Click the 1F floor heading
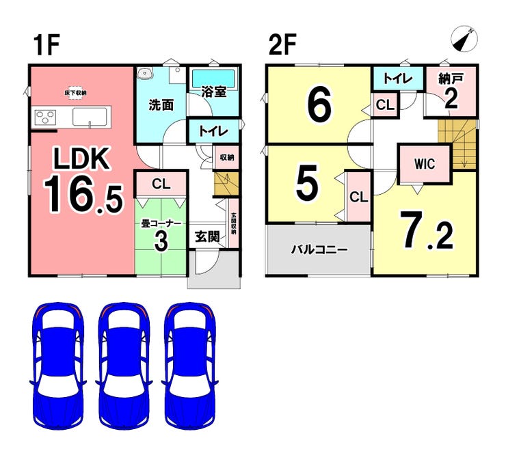click(x=46, y=46)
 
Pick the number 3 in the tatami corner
click(x=161, y=243)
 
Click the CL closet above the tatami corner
click(x=161, y=183)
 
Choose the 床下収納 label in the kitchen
click(x=75, y=92)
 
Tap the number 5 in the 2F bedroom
click(x=307, y=182)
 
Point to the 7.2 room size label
click(x=426, y=232)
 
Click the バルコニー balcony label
click(x=319, y=249)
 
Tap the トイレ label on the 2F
click(x=397, y=79)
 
